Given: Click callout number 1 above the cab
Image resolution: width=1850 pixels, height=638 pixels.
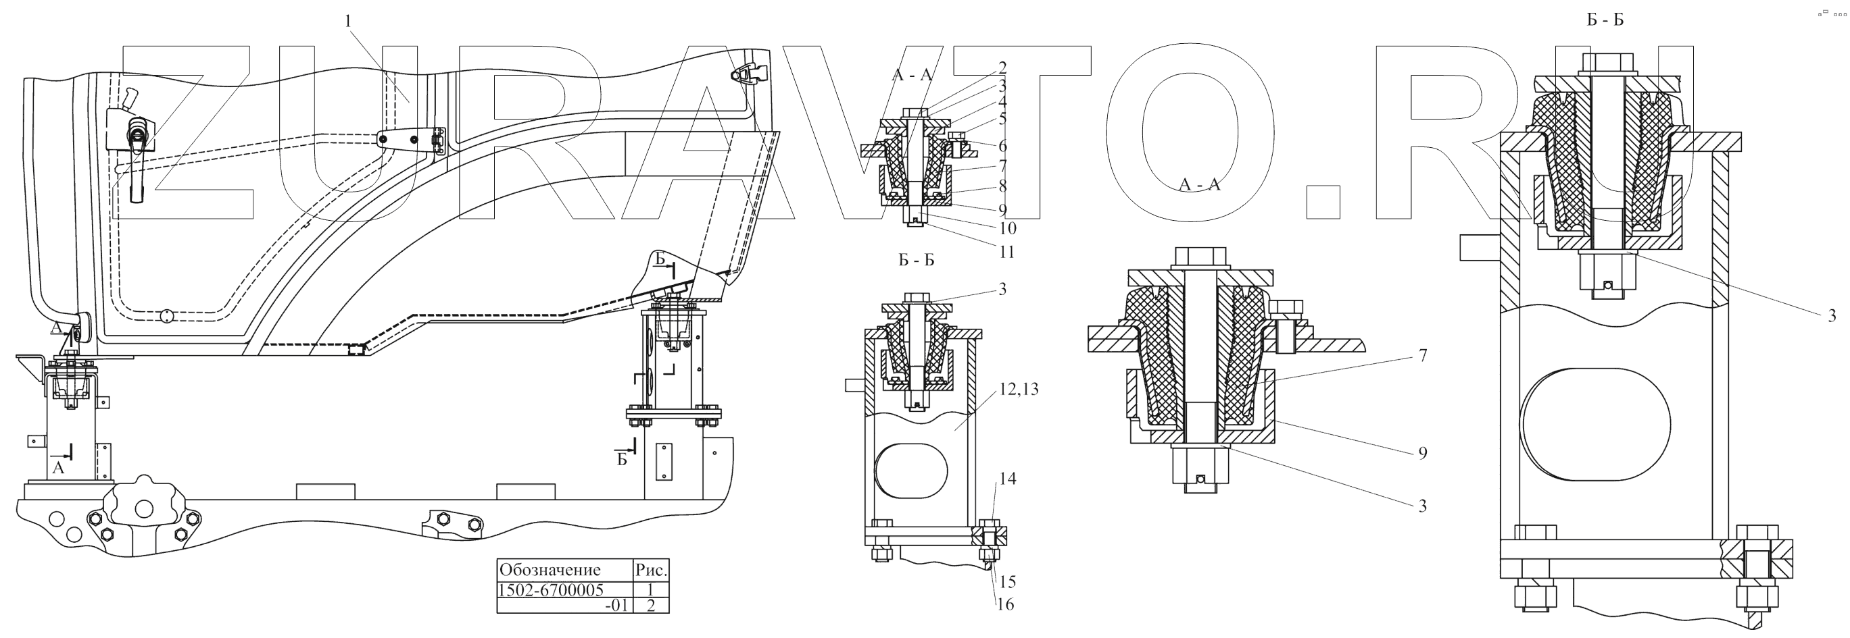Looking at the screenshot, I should point(348,22).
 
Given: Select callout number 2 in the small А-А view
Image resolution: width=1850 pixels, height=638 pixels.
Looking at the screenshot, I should point(1002,68).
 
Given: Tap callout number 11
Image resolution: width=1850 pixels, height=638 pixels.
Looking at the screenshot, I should point(1007,252).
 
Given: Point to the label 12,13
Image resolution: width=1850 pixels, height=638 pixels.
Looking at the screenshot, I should point(1019,390).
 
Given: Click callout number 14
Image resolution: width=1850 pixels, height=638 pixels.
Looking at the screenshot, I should point(1008,479).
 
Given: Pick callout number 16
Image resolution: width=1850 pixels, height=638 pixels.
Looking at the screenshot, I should point(1006,604).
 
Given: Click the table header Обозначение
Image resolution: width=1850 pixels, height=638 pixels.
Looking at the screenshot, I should point(551,570).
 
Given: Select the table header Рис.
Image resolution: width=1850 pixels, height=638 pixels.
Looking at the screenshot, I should point(652,570).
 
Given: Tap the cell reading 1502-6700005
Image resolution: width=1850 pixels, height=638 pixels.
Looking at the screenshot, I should point(551,589).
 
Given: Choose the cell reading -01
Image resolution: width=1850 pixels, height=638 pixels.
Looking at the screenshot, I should point(616,605).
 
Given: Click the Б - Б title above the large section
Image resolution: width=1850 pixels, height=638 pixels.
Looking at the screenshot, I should point(1605,20).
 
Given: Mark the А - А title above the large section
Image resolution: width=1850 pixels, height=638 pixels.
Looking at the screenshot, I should point(1199,185).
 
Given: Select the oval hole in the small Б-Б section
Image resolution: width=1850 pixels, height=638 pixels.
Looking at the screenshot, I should point(911,471).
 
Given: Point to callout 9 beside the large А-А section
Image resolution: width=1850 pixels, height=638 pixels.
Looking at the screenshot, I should point(1423,453).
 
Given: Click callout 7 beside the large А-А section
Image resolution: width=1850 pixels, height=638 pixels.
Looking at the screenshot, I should point(1423,355).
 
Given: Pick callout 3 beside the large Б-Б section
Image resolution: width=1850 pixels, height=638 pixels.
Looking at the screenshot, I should point(1831,315).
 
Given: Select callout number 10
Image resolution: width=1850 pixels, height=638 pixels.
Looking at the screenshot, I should point(1008,229).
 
